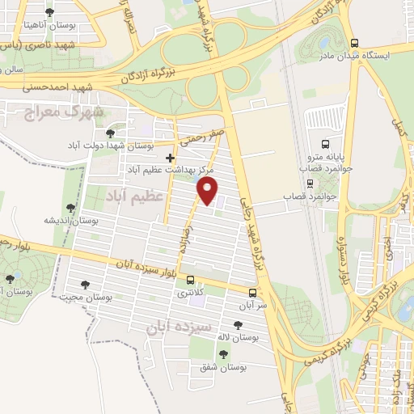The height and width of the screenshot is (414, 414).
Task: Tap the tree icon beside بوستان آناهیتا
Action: [x=50, y=12]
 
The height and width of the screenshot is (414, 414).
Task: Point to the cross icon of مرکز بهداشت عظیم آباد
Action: [x=169, y=158]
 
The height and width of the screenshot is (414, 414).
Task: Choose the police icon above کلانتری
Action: [x=191, y=281]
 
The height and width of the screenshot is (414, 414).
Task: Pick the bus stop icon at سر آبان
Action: [x=253, y=293]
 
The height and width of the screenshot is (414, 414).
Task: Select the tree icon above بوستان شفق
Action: [x=223, y=354]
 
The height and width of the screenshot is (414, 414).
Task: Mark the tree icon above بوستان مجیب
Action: [x=85, y=284]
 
